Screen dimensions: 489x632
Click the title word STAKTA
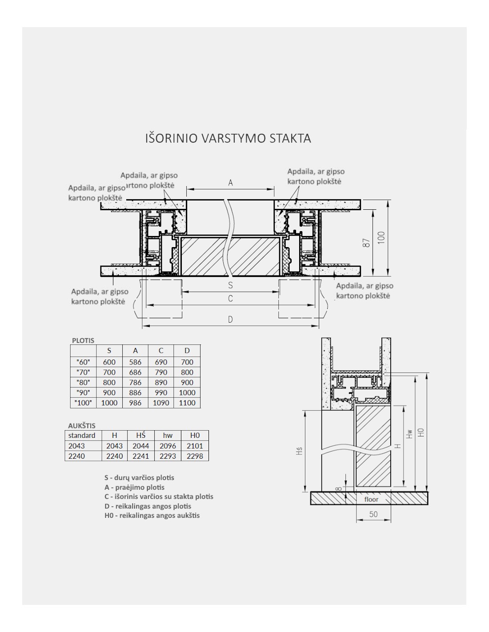coord(290,138)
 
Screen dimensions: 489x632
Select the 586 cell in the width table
coord(135,362)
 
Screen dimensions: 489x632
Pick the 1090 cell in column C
coord(161,403)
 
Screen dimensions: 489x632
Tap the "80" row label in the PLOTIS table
coord(83,383)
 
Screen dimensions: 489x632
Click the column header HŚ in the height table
coord(141,435)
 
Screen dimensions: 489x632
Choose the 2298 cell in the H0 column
coord(195,456)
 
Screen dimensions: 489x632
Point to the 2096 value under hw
coord(168,446)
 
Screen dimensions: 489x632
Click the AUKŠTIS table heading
coord(82,425)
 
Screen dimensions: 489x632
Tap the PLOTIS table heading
coord(83,340)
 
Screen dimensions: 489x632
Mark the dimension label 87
coord(367,243)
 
